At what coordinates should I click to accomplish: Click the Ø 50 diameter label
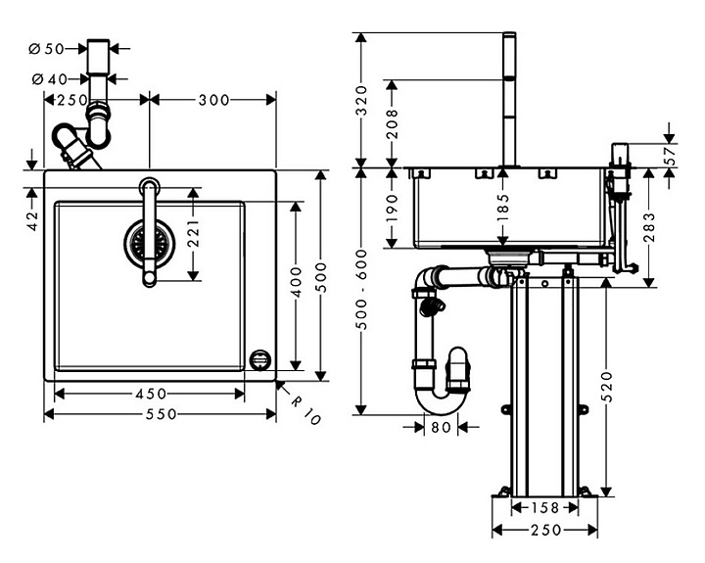tap(46, 47)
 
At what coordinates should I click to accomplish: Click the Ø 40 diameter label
tap(46, 79)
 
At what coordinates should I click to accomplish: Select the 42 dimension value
tap(31, 221)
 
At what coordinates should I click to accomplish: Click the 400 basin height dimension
tap(296, 284)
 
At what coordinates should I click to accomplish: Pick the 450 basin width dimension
tap(150, 394)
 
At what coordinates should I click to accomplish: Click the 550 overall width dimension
tap(156, 414)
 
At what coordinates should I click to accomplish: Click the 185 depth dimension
tap(502, 207)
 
